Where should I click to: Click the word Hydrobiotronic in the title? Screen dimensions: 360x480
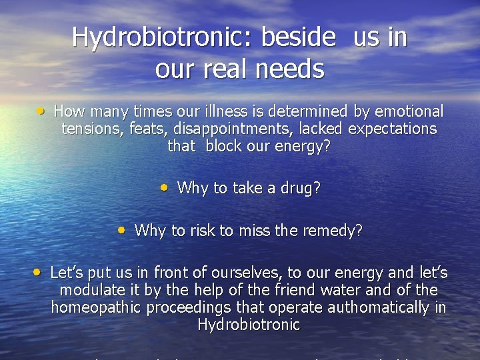pos(163,37)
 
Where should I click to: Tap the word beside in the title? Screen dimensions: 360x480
pos(298,37)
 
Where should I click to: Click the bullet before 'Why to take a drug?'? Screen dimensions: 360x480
pos(165,187)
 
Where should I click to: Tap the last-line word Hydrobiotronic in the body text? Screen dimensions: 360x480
pos(249,325)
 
